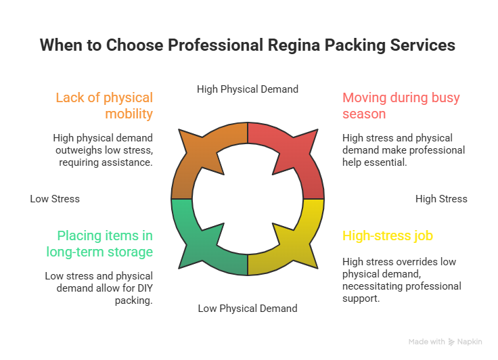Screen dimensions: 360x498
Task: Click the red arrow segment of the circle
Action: [x=288, y=152]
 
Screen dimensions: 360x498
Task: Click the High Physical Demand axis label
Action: [x=247, y=89]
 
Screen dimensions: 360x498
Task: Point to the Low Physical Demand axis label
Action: [x=247, y=309]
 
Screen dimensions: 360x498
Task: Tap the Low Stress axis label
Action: [x=55, y=199]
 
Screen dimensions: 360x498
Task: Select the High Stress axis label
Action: [x=441, y=199]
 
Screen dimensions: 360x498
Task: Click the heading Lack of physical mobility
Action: [x=104, y=106]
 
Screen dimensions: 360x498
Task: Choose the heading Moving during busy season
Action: [x=401, y=106]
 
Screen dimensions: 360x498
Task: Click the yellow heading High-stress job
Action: [x=387, y=236]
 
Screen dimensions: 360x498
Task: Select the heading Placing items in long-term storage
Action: [x=99, y=244]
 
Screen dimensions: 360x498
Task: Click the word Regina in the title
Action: [x=302, y=45]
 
